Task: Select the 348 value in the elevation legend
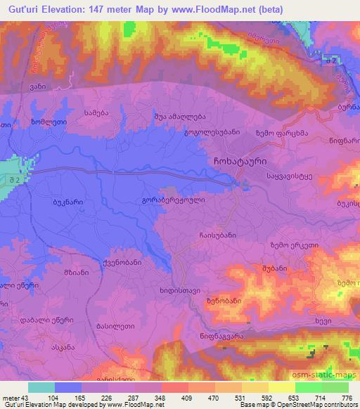coord(160,397)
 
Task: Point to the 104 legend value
coord(53,397)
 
